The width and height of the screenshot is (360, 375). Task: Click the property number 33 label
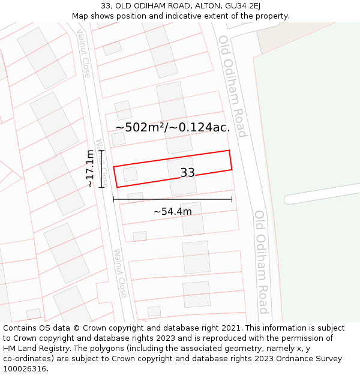click(188, 173)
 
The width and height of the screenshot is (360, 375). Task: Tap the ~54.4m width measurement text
click(173, 212)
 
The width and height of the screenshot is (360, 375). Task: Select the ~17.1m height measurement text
click(90, 169)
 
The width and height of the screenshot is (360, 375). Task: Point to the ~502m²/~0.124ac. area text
click(173, 127)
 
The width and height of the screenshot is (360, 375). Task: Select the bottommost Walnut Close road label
click(120, 273)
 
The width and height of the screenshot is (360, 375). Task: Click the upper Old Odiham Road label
click(233, 86)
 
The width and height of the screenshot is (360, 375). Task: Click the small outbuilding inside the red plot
click(130, 175)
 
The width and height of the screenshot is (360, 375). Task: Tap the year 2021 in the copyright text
click(230, 328)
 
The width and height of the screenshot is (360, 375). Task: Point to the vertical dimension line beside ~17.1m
click(102, 169)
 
